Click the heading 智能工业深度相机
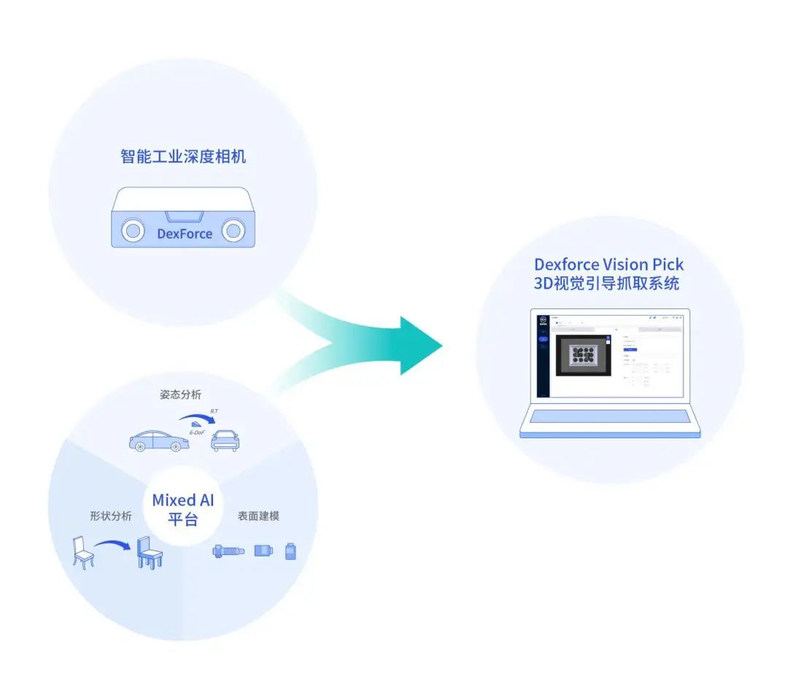[183, 156]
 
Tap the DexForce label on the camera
[185, 234]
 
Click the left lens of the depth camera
[132, 231]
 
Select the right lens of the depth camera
[233, 231]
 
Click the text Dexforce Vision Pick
[609, 264]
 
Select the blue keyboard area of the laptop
[609, 417]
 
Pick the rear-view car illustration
[225, 440]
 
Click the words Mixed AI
[183, 500]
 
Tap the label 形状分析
[111, 516]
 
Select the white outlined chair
[84, 552]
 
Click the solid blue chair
[149, 553]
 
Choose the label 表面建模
[258, 516]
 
